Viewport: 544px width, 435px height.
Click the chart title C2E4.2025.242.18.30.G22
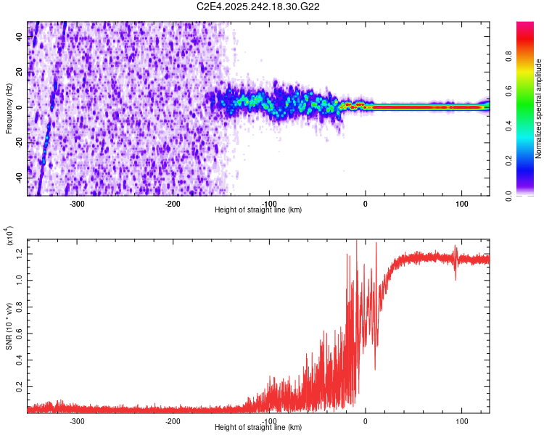click(259, 7)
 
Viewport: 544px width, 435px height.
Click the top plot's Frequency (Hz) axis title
click(9, 109)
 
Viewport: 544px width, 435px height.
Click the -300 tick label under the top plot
click(77, 203)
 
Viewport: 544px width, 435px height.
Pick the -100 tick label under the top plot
click(269, 203)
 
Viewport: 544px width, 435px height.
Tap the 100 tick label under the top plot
click(461, 203)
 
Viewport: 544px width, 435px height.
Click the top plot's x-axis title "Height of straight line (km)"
click(258, 210)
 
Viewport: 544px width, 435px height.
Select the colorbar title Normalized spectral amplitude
click(539, 109)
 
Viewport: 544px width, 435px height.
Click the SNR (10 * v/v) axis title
click(9, 323)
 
